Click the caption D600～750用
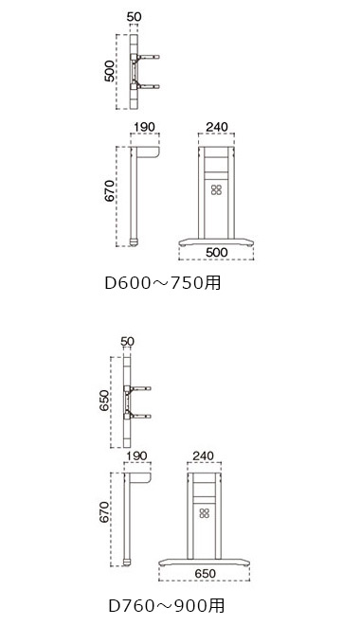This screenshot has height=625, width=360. coord(162,282)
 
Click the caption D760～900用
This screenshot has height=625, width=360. coord(166,605)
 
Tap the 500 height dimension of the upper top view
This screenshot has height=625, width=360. coord(109,71)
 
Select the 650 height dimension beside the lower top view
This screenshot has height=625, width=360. coord(103,401)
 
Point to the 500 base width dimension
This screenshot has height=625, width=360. coord(217,252)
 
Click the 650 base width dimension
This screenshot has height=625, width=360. coord(205,573)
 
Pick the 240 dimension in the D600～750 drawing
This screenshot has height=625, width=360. coord(217,127)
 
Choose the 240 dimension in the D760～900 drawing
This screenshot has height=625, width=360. coord(204,455)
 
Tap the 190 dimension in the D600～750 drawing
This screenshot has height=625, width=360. coord(144,127)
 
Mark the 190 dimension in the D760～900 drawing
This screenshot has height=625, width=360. coord(136,455)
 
